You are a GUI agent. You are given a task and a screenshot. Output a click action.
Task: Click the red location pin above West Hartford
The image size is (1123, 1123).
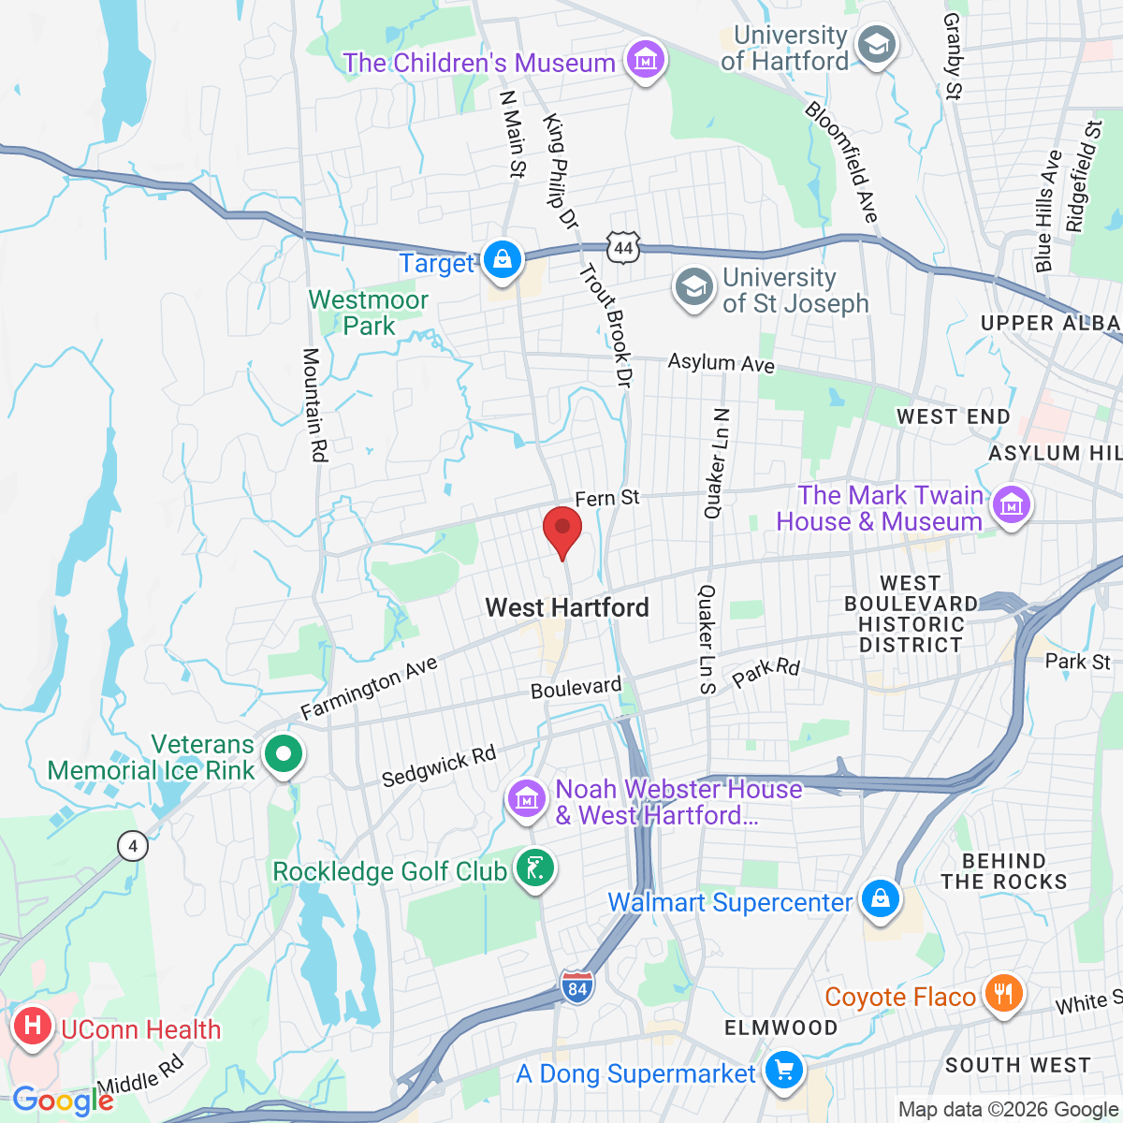tap(562, 530)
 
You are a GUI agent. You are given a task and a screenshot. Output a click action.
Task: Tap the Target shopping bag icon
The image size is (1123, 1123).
tap(503, 260)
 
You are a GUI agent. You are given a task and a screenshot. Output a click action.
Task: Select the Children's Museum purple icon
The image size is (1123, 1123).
tap(646, 62)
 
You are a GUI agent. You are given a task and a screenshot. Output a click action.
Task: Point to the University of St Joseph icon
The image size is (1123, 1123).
tap(694, 289)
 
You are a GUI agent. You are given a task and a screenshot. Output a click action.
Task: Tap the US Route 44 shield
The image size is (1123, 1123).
tap(624, 248)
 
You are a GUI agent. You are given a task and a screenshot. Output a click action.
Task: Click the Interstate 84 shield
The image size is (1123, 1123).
tap(577, 987)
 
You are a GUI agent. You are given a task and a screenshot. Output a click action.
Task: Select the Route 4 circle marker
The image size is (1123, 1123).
tap(133, 847)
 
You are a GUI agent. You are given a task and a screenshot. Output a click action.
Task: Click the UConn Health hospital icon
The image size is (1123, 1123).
tap(33, 1027)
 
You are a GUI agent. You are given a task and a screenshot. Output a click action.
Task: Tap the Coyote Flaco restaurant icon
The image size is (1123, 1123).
tap(1003, 995)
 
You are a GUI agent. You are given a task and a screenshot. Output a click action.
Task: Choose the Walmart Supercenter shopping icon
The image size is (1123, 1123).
tap(880, 900)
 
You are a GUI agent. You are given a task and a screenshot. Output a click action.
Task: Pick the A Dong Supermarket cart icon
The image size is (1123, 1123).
tap(782, 1072)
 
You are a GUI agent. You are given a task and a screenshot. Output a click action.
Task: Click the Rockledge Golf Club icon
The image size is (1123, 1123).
tap(534, 870)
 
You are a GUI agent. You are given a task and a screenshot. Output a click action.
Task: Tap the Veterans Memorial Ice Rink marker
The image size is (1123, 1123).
tap(282, 754)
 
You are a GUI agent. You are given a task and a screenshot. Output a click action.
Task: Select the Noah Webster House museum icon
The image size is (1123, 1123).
tap(526, 800)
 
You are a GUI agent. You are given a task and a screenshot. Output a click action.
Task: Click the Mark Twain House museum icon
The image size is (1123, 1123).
tap(1011, 506)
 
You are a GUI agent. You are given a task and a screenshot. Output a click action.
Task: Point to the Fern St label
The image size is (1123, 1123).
tap(606, 498)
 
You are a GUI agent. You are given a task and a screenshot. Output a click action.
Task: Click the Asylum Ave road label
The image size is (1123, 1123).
tap(721, 362)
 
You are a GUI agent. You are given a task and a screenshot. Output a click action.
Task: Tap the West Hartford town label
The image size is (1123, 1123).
tap(567, 607)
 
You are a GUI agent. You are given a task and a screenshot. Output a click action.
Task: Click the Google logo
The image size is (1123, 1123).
tap(62, 1101)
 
